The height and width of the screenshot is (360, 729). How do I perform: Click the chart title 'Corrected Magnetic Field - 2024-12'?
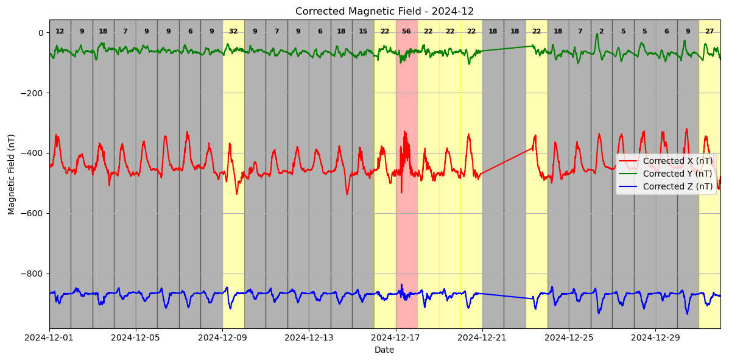pyautogui.click(x=384, y=12)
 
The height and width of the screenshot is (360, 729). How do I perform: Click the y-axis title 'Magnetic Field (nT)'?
pyautogui.click(x=12, y=174)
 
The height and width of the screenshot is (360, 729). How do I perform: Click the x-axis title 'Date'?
pyautogui.click(x=384, y=350)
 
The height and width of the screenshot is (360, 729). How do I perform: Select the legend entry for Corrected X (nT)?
pyautogui.click(x=677, y=161)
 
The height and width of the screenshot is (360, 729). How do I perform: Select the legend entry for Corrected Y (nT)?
pyautogui.click(x=677, y=174)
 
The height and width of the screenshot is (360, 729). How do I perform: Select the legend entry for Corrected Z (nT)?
pyautogui.click(x=677, y=186)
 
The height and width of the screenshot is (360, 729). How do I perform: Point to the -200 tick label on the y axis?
pyautogui.click(x=32, y=93)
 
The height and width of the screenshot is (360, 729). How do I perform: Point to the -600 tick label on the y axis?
pyautogui.click(x=32, y=214)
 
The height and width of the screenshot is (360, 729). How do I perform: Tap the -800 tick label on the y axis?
pyautogui.click(x=32, y=274)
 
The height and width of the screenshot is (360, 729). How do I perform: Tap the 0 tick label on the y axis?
pyautogui.click(x=40, y=33)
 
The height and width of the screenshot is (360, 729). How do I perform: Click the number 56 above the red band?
pyautogui.click(x=406, y=32)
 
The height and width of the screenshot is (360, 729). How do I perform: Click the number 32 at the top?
pyautogui.click(x=233, y=32)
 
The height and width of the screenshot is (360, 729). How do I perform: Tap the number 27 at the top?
pyautogui.click(x=710, y=32)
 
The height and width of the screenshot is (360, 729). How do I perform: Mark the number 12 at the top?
pyautogui.click(x=60, y=32)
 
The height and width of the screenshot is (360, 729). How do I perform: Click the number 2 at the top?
pyautogui.click(x=601, y=32)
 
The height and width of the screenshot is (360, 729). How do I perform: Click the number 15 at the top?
pyautogui.click(x=363, y=32)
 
